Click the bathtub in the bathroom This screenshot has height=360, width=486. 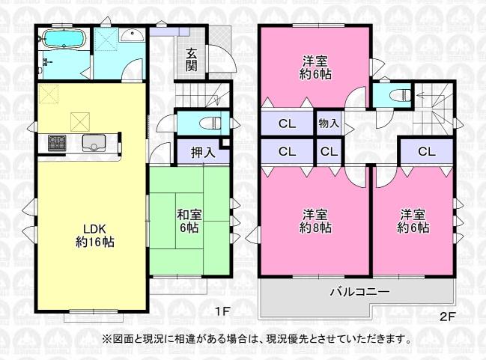click(x=64, y=39)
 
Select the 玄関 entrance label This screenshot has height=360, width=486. click(x=192, y=60)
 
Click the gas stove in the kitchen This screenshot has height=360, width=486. click(x=57, y=143)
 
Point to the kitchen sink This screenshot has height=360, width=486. click(x=94, y=143)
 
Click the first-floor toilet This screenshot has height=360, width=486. click(x=210, y=123)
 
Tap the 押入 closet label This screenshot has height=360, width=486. click(x=202, y=153)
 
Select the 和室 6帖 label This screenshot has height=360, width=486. click(x=189, y=221)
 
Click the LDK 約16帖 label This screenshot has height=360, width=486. click(x=95, y=236)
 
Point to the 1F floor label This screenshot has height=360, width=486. click(x=222, y=311)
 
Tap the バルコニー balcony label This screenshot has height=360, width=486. click(x=359, y=292)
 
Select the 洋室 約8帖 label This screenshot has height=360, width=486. click(x=315, y=221)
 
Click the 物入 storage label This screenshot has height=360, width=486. click(x=329, y=123)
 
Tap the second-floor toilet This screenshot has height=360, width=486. click(x=400, y=94)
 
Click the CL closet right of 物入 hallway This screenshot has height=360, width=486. click(x=427, y=151)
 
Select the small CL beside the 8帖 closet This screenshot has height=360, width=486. click(x=329, y=151)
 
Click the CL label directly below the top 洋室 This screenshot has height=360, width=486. click(x=288, y=123)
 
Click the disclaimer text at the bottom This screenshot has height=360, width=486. click(x=257, y=338)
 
